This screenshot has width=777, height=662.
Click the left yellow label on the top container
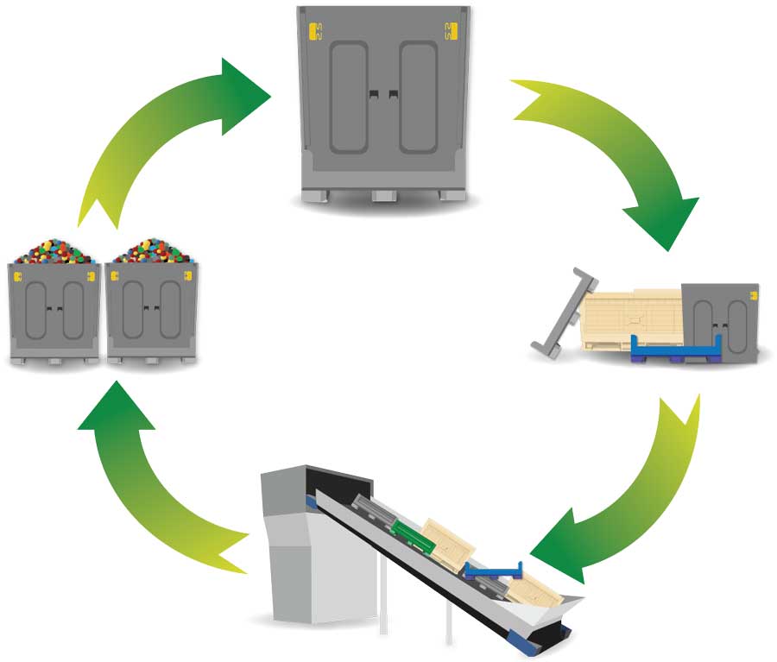(314, 32)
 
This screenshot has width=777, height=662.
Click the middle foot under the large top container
(382, 196)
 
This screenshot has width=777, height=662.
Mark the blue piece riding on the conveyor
(492, 569)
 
